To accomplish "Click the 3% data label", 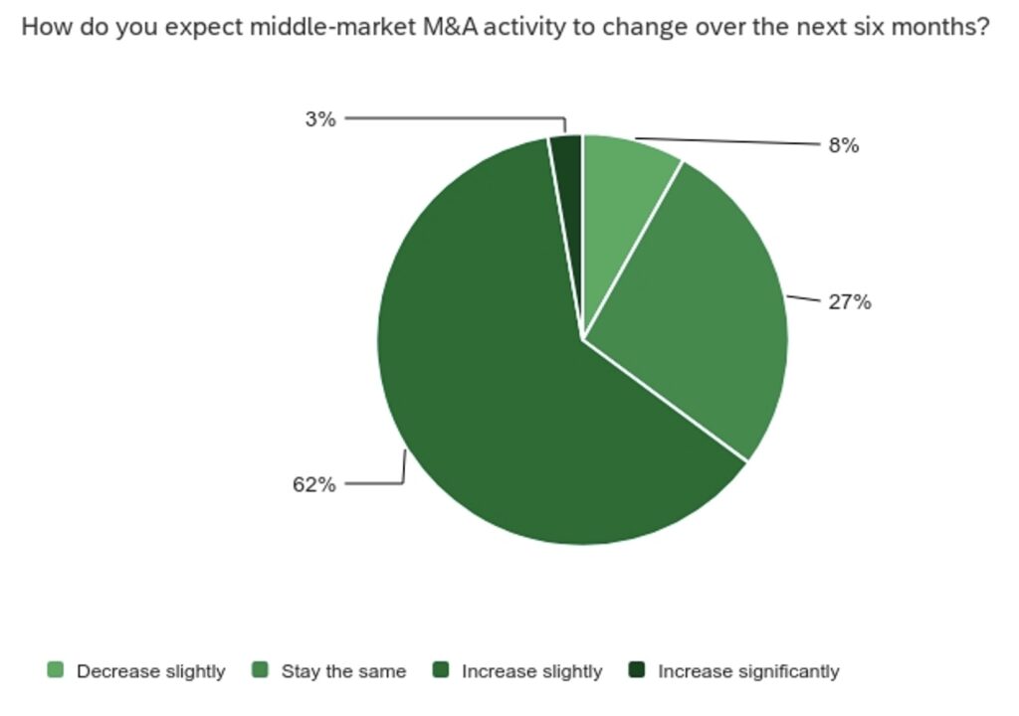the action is (320, 119).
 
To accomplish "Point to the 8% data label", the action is (844, 145).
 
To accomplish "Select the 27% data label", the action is (850, 302).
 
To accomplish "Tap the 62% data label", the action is (313, 484).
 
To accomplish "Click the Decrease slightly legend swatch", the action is (56, 670).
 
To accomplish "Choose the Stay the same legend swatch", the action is (260, 670).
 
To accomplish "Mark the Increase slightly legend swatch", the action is (441, 670).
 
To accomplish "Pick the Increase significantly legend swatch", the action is (637, 670).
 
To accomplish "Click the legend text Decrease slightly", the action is (151, 671).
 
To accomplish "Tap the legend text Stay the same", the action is (343, 671).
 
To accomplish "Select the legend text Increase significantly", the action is (748, 671).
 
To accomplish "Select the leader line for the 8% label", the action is (727, 141).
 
